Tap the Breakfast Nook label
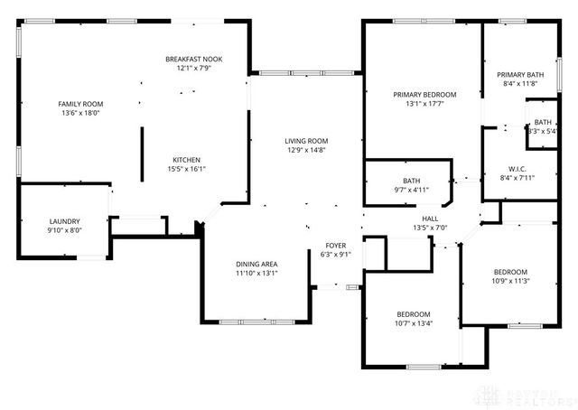(193, 59)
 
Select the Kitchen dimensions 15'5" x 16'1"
(186, 169)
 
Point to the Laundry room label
(64, 220)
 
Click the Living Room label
(306, 141)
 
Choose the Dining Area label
(256, 264)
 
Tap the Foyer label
(336, 246)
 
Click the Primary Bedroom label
(424, 94)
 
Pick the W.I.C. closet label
(517, 168)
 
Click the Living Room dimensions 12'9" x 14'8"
(306, 151)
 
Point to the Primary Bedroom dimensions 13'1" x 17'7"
(424, 104)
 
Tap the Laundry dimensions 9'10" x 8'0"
(64, 230)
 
